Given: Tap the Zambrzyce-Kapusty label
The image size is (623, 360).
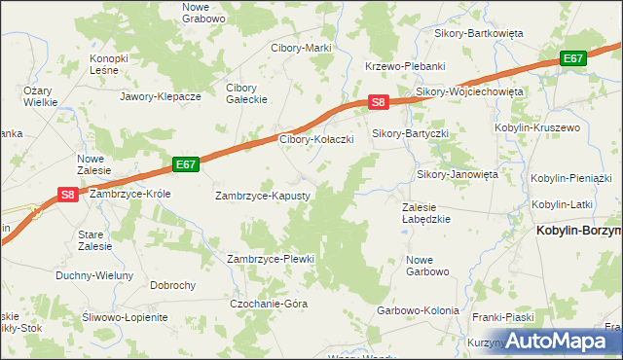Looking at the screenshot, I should tap(262, 196).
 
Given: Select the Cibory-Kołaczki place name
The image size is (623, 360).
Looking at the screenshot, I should tap(315, 139).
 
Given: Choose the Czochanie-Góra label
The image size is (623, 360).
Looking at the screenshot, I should tap(269, 304).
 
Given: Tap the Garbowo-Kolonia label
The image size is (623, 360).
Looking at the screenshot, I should tap(418, 310).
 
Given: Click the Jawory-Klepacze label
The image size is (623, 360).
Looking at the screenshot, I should tap(160, 97).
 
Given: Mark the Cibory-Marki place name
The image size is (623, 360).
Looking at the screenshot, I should tap(302, 48).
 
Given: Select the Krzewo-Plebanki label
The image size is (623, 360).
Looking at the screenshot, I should tap(405, 66).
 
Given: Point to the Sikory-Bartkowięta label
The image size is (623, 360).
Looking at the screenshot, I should tap(477, 33).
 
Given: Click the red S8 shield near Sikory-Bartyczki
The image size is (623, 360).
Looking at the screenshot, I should tap(379, 101).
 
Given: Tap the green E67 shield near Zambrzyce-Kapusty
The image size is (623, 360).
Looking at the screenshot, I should tap(187, 164).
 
